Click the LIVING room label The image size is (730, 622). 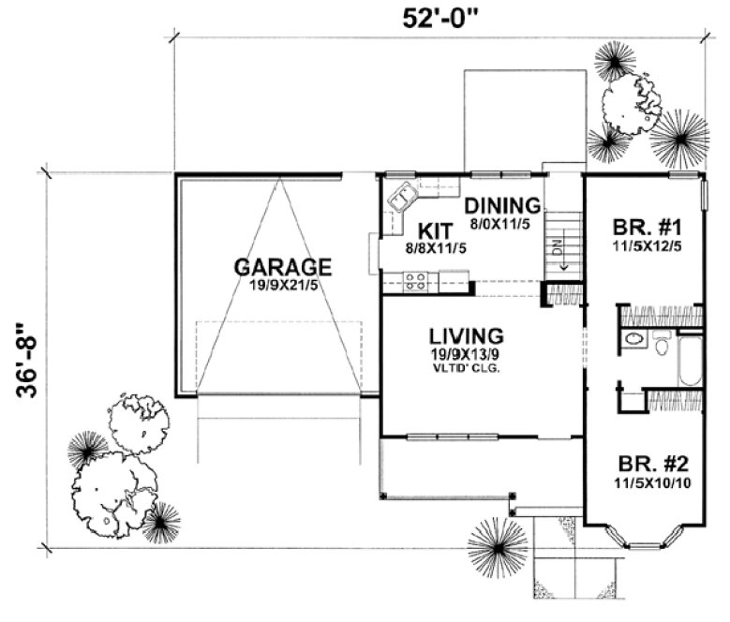pos(467,334)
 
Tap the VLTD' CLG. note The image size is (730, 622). pos(467,369)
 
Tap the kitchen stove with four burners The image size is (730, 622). pos(415,278)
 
